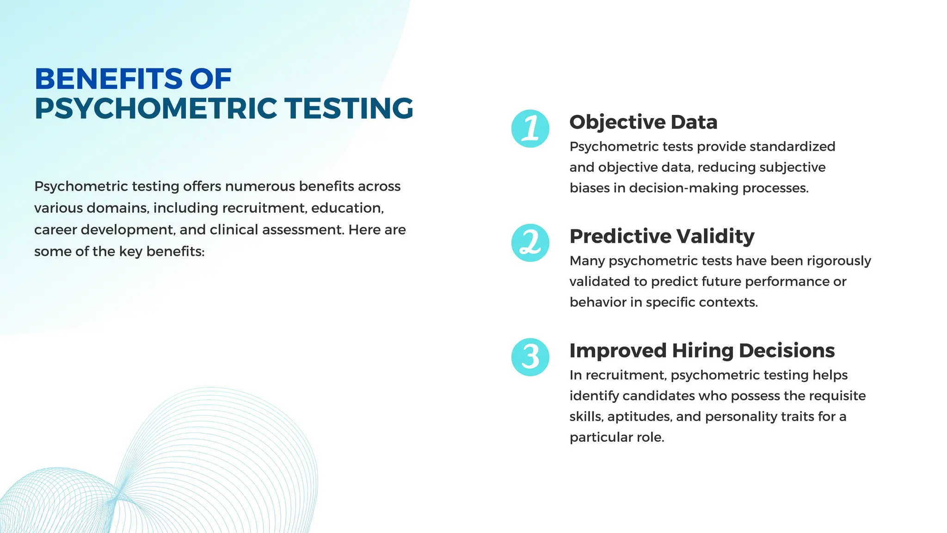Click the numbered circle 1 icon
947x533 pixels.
(530, 129)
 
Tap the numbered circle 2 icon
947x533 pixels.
(530, 243)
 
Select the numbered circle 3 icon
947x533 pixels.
(530, 357)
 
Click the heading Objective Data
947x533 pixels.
(643, 122)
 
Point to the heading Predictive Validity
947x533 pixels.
(662, 236)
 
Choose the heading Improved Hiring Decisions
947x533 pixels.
(702, 351)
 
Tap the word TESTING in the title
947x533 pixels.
(349, 109)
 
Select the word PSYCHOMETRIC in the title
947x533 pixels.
(156, 109)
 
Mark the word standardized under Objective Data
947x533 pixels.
(792, 147)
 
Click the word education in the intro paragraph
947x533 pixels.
(347, 208)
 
